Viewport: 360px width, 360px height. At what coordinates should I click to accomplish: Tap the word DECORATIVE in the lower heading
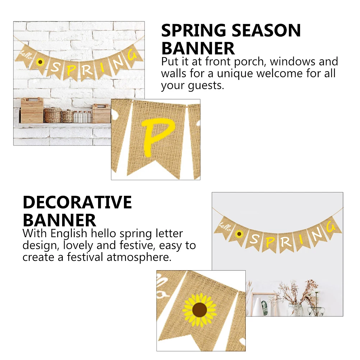pos(77,203)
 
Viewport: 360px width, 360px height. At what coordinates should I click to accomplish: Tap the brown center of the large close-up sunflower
pos(200,309)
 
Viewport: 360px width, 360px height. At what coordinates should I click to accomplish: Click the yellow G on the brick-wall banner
pos(132,56)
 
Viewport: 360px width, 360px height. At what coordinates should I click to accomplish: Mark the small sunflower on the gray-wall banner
pos(239,234)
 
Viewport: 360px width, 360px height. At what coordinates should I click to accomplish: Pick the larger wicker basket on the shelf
pos(52,115)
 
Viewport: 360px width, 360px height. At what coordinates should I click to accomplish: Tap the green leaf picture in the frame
pos(265,308)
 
